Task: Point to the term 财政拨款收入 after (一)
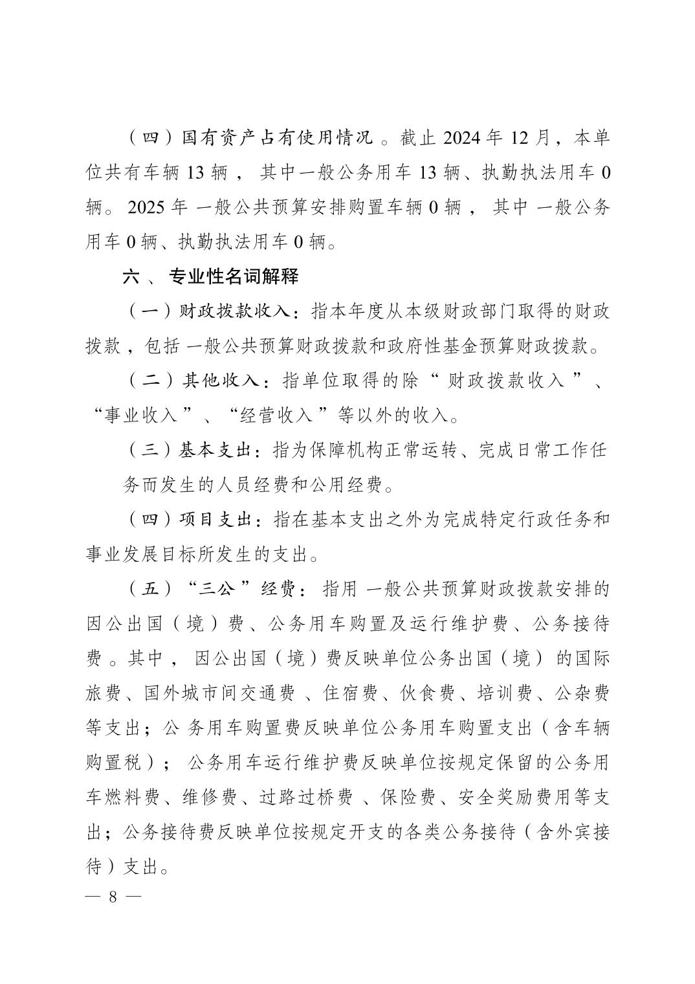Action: pyautogui.click(x=236, y=312)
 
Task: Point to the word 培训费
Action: pyautogui.click(x=505, y=693)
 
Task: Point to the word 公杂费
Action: pyautogui.click(x=582, y=693)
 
